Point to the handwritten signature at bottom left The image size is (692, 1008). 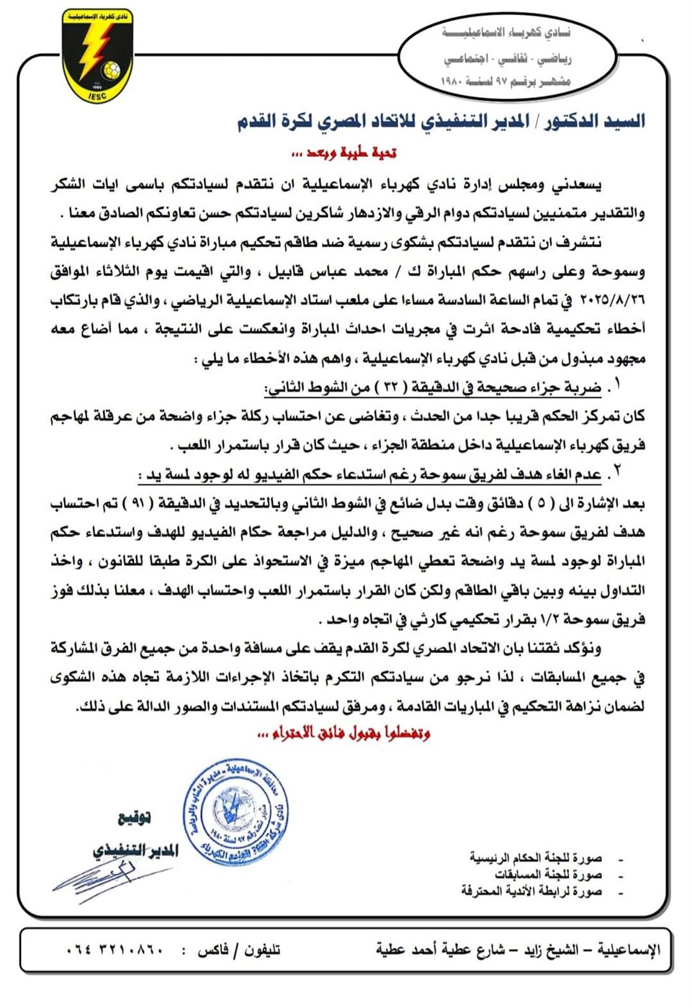[x=108, y=875]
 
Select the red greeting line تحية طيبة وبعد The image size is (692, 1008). [x=344, y=153]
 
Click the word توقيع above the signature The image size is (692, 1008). [x=134, y=817]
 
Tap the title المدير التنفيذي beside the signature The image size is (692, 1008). [x=135, y=850]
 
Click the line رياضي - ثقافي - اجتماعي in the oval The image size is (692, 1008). [x=507, y=58]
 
